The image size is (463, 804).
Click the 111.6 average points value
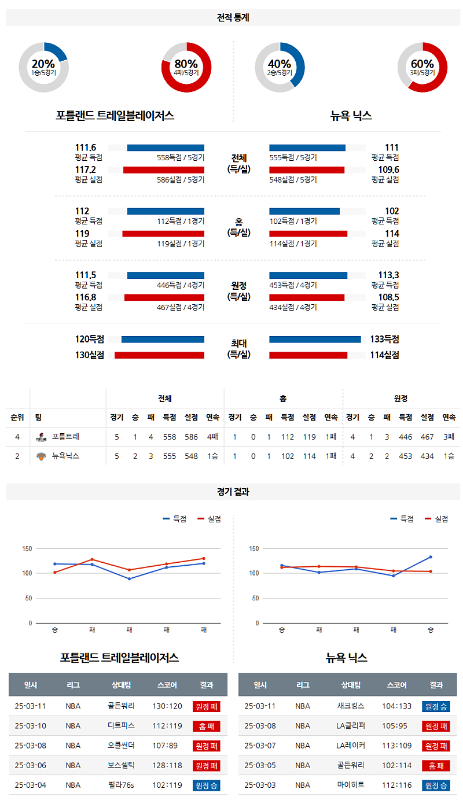[x=85, y=147]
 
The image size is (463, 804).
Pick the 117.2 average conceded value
[x=85, y=170]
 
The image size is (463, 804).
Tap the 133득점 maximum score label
[x=385, y=340]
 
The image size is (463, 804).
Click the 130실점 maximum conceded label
[x=90, y=355]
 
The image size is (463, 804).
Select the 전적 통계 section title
[x=233, y=18]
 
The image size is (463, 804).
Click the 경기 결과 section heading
[x=233, y=492]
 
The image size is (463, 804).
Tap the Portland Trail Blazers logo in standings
[x=41, y=437]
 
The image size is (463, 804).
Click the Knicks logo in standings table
[x=41, y=456]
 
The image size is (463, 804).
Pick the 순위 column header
[x=17, y=417]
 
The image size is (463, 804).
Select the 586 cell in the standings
[x=192, y=437]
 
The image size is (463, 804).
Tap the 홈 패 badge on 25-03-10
[x=207, y=726]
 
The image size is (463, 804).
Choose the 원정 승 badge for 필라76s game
[x=207, y=785]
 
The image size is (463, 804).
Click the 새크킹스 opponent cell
[x=350, y=706]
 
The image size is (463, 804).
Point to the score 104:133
[x=396, y=706]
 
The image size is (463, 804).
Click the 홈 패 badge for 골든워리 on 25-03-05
[x=436, y=766]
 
